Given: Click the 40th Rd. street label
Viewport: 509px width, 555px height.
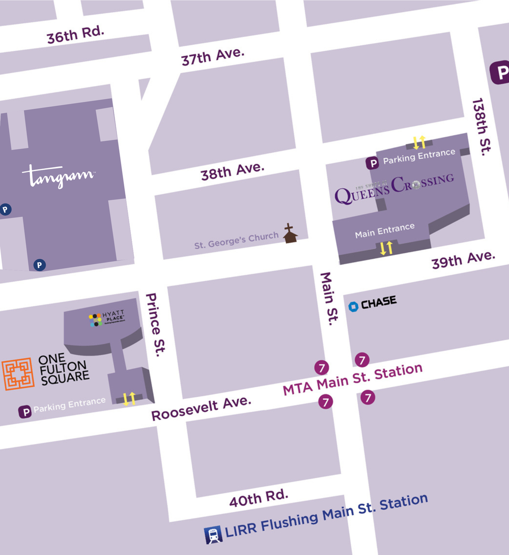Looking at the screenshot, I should tap(259, 498).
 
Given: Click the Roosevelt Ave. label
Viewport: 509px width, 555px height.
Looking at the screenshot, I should tap(202, 408).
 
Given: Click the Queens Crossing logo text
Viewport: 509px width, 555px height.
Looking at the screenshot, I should tap(394, 188).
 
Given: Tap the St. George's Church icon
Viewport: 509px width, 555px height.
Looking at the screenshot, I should tap(290, 233).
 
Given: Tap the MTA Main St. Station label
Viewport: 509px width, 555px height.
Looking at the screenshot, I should tap(352, 379).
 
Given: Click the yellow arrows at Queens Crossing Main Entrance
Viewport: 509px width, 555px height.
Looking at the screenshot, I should tap(387, 248).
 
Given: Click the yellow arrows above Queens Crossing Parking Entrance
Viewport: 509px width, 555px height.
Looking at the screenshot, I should tap(419, 142).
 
